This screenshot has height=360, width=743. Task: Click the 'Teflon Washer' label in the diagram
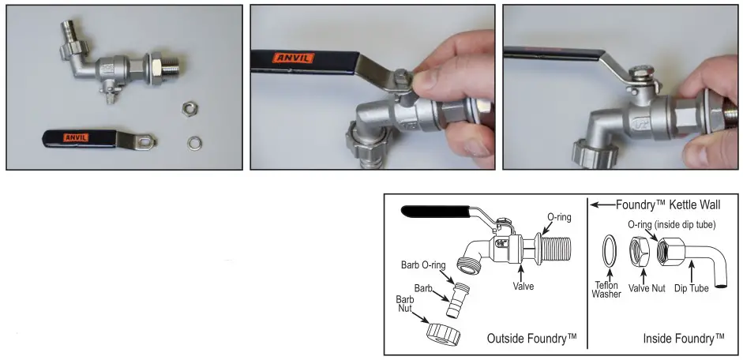coord(606,288)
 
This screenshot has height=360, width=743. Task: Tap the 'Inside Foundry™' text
coord(683,339)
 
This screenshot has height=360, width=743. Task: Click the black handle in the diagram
coord(434,211)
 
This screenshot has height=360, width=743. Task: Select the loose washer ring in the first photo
coord(193,143)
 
